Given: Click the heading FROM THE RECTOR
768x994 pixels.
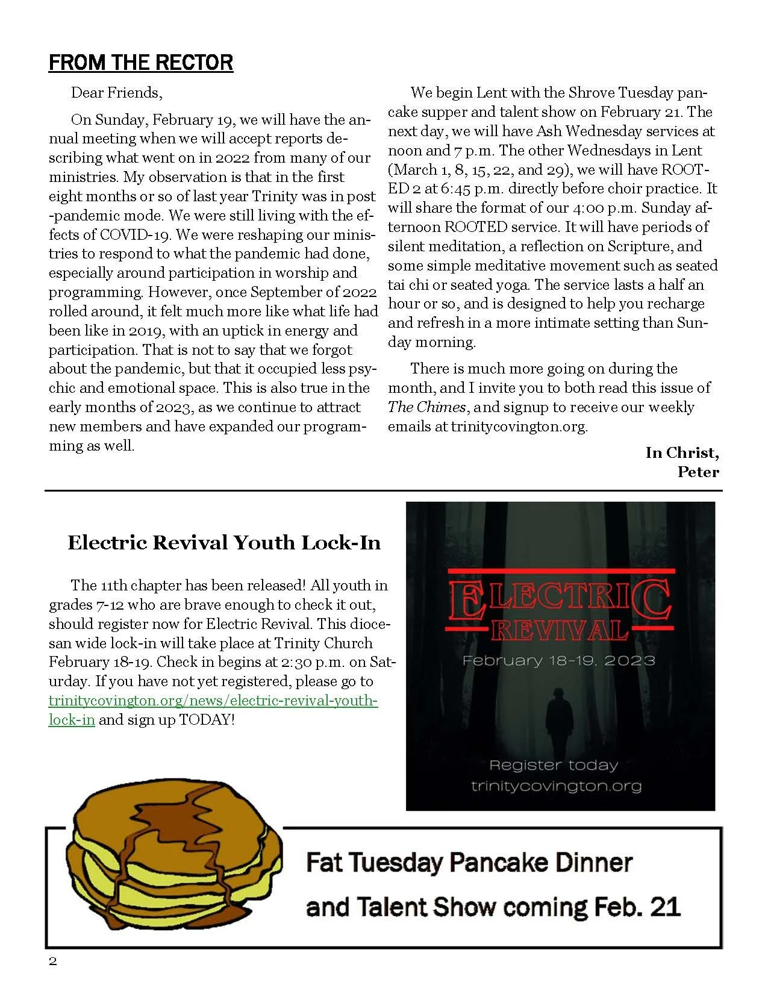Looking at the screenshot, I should coord(140,63).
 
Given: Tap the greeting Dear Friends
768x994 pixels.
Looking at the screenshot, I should coord(116,93).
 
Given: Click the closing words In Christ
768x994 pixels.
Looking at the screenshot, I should coord(682,452).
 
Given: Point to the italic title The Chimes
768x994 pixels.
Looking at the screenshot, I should coord(426,407).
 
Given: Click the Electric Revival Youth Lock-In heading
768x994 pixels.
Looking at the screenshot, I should coord(224,543).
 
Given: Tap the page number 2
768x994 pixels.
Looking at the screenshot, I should coord(53,961).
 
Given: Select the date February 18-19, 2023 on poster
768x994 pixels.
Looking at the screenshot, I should coord(558,660).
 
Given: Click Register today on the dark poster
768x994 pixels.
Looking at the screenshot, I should coord(554,765).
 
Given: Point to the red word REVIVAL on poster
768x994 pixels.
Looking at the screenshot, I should coord(559,631).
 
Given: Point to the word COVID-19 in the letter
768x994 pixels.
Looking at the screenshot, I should coord(136,234).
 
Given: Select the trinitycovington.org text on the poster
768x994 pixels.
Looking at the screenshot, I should coord(556,786).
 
